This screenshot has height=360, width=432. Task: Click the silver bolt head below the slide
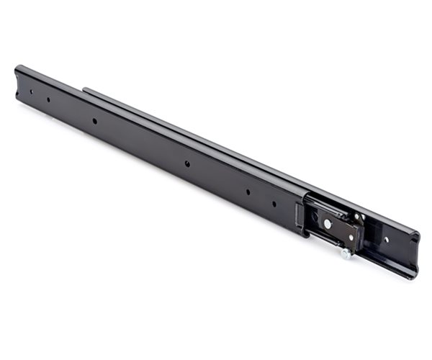(346, 254)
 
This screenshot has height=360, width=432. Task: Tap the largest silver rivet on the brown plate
(328, 224)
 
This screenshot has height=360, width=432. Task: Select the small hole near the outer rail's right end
(385, 240)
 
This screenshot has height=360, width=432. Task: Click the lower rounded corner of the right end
(412, 274)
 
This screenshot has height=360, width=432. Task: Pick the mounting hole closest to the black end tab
(274, 203)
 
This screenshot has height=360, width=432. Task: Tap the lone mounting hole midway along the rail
(186, 164)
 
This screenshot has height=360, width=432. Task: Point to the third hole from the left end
(94, 121)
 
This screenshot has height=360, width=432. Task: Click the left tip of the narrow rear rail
(85, 91)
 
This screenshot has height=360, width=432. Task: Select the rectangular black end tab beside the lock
(299, 217)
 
